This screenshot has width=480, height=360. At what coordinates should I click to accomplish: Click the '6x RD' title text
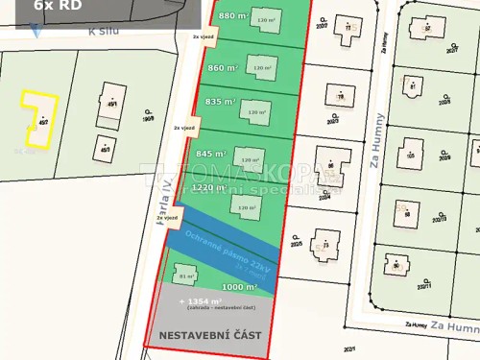[x=58, y=6]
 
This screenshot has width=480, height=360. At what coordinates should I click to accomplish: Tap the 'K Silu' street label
[x=105, y=32]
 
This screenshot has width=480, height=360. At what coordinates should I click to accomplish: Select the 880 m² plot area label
[x=233, y=16]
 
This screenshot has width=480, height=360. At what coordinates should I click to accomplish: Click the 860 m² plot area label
[x=223, y=68]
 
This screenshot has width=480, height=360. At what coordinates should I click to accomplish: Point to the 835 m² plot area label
[x=220, y=102]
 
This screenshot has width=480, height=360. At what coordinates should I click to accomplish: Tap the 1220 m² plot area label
[x=208, y=188]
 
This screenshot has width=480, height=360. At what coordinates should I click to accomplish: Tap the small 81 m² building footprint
[x=186, y=276]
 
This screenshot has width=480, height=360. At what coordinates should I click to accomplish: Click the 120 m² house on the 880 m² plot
[x=265, y=19]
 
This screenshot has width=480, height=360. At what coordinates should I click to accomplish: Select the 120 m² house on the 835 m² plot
[x=256, y=112]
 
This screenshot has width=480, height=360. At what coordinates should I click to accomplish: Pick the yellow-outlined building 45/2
[x=39, y=118]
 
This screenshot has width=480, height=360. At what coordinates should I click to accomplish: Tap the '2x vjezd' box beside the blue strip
[x=167, y=218]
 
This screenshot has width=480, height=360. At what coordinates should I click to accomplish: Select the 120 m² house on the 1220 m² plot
[x=245, y=207]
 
